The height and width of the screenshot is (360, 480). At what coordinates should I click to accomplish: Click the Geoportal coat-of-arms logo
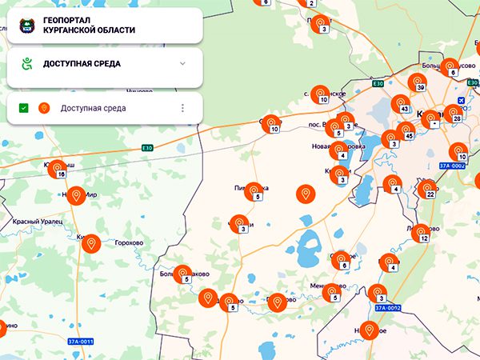click(x=26, y=26)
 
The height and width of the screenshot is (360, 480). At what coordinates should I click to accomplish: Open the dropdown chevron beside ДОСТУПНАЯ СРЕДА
click(x=182, y=63)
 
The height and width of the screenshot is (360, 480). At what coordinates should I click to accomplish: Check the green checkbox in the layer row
click(x=24, y=108)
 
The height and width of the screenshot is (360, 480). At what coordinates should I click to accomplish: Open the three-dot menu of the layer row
click(x=182, y=108)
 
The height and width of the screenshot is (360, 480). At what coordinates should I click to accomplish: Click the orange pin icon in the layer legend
click(x=44, y=108)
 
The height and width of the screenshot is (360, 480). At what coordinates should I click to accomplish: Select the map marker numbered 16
click(x=57, y=169)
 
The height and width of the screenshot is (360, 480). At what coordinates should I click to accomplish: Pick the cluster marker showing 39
click(x=417, y=82)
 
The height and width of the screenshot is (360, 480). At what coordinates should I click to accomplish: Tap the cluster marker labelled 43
click(x=401, y=104)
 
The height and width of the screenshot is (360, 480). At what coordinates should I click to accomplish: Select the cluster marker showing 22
click(x=427, y=190)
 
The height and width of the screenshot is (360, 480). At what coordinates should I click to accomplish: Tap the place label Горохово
click(x=128, y=242)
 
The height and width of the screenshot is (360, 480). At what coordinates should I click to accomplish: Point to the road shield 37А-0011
click(x=80, y=342)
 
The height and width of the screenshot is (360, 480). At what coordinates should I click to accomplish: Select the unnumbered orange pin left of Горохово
click(x=90, y=243)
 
